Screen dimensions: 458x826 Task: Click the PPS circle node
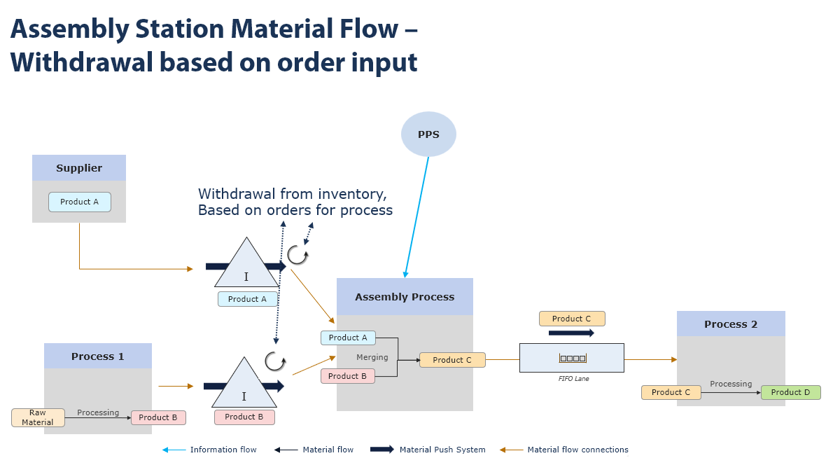428,134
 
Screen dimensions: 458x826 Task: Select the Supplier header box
79,168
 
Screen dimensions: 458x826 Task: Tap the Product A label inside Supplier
80,202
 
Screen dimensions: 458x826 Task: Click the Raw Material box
38,418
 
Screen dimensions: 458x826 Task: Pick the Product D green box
790,392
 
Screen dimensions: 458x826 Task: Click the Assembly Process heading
405,297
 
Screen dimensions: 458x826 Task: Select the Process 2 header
731,324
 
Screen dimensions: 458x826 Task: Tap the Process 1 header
98,356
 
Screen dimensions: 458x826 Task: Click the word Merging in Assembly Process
372,357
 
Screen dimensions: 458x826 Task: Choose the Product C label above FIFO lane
572,319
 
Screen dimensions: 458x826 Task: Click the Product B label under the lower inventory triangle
244,417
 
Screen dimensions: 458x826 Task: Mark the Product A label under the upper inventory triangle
247,299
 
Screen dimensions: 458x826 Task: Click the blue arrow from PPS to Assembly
416,217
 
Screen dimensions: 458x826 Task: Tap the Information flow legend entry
223,450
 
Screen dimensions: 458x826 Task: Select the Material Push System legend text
442,450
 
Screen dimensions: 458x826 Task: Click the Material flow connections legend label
577,450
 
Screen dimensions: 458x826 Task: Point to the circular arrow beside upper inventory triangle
297,255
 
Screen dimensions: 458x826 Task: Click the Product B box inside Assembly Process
348,376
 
